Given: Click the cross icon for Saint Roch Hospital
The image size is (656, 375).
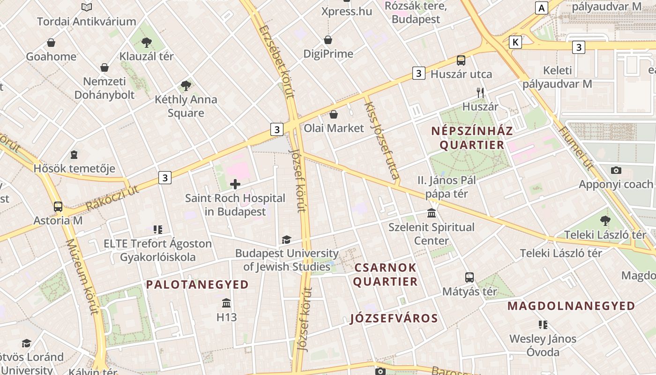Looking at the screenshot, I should [235, 184].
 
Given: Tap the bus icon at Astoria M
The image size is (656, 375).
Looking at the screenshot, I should [58, 207].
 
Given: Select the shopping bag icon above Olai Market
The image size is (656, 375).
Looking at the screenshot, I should [334, 114].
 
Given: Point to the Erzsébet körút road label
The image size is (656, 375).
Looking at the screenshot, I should [277, 61].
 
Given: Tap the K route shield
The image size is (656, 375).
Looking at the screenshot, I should [515, 43].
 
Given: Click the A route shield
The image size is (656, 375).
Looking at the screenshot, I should [542, 8].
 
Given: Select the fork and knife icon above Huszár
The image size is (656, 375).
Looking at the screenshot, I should [480, 93].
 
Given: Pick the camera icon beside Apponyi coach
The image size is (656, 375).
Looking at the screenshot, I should [616, 170].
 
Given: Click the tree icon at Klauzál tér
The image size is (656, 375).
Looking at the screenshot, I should [147, 43].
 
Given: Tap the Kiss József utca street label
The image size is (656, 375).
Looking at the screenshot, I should [382, 141].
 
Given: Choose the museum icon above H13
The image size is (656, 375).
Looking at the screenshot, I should [226, 303].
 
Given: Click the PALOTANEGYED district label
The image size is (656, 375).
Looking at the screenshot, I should [197, 285].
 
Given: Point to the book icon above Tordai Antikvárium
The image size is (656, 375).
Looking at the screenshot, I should [87, 7].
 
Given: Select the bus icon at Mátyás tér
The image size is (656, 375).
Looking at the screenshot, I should [470, 277].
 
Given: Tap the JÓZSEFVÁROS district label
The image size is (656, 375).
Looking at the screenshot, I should [394, 319].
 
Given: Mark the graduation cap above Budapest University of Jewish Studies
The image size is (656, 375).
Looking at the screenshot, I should [286, 240].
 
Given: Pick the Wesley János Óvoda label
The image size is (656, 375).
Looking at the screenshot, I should [543, 345].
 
